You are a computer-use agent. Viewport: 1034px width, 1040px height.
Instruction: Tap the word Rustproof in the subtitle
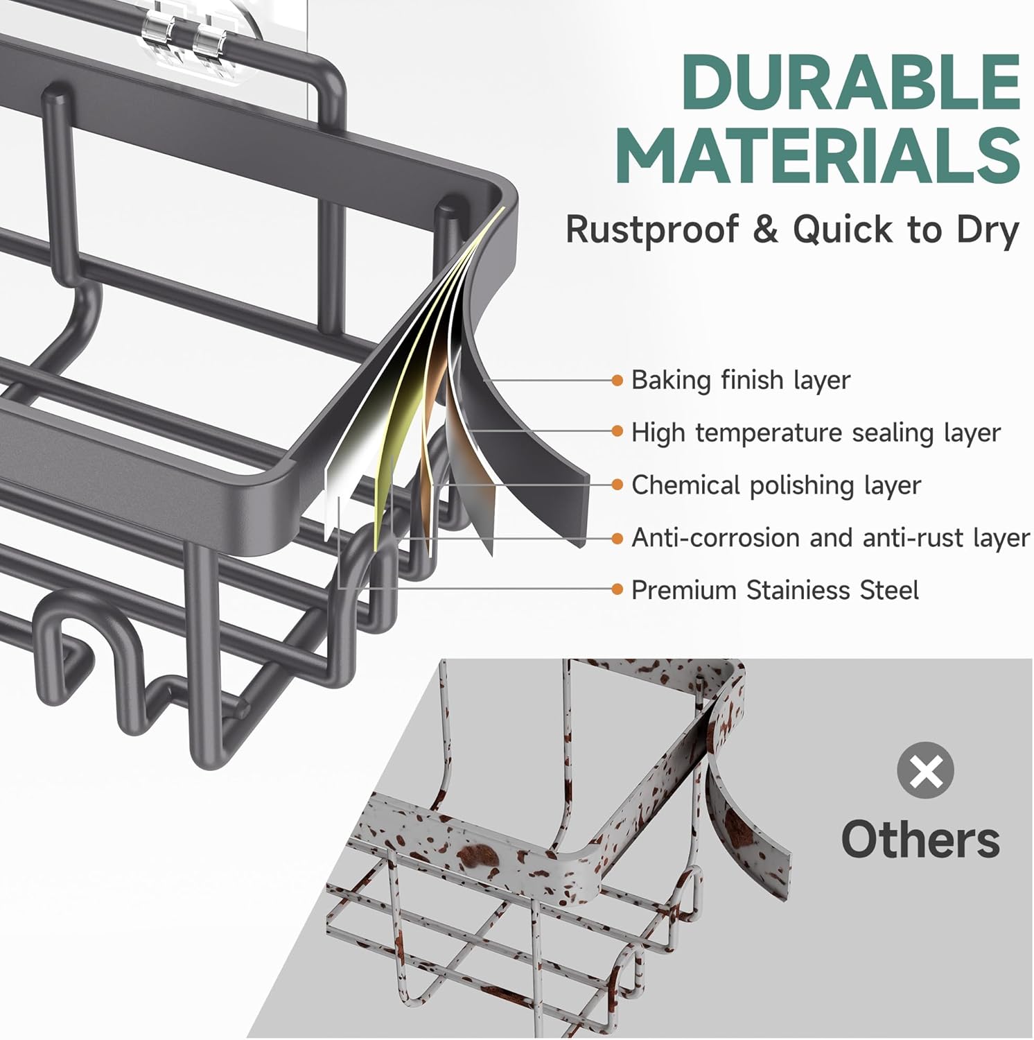coord(652,229)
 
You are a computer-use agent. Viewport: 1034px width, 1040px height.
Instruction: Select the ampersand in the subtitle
coord(766,229)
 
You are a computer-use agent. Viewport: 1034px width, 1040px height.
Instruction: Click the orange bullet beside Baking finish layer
coord(617,380)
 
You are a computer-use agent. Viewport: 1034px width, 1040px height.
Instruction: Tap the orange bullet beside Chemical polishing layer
coord(617,485)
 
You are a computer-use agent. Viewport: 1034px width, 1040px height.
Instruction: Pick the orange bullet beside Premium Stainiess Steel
coord(617,590)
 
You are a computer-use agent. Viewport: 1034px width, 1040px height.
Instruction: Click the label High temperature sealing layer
coord(816,433)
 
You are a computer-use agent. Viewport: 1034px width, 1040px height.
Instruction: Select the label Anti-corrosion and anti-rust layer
coord(831,538)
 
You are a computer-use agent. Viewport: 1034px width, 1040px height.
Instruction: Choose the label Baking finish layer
coord(741,381)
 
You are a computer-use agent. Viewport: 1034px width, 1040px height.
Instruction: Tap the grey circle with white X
coord(925,770)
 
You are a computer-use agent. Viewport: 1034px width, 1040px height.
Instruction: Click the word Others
coord(920,839)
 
